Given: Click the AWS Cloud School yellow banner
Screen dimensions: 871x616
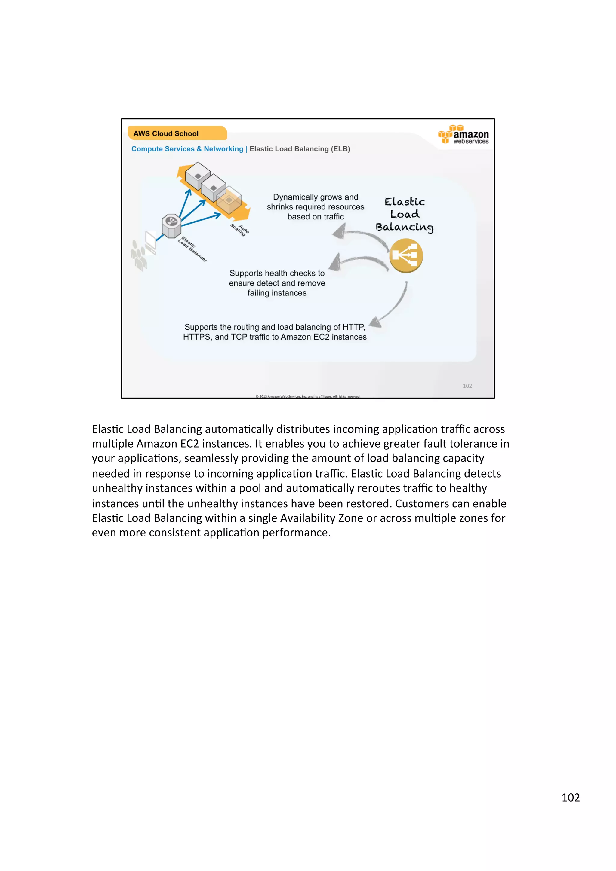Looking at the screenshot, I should pyautogui.click(x=177, y=133).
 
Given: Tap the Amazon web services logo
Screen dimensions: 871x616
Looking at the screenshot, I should pyautogui.click(x=464, y=135).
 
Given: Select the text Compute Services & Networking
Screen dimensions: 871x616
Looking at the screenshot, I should pyautogui.click(x=187, y=149).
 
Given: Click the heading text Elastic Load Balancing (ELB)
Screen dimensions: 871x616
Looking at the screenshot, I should pyautogui.click(x=300, y=149).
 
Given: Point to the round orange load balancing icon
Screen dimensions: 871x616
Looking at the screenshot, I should pyautogui.click(x=406, y=255).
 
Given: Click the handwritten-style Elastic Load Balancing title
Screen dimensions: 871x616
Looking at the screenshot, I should pyautogui.click(x=405, y=214).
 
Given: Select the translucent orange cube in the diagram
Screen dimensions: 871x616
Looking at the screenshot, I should pyautogui.click(x=229, y=200).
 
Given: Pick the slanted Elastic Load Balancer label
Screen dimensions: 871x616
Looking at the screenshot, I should pyautogui.click(x=192, y=249).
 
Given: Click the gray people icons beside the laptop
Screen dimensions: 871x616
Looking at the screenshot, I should pyautogui.click(x=139, y=255).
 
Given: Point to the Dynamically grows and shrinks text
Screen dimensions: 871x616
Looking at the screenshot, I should pyautogui.click(x=316, y=207).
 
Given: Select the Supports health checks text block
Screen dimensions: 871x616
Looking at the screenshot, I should pyautogui.click(x=277, y=283).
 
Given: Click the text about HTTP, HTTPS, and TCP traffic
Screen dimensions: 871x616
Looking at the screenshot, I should pyautogui.click(x=275, y=332).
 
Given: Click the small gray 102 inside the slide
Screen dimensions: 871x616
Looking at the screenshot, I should pyautogui.click(x=467, y=386).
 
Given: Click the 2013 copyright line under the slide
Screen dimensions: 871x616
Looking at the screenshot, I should pyautogui.click(x=308, y=396).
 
